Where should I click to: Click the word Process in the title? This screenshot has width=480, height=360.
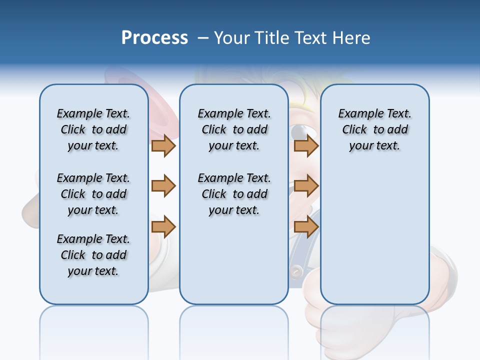154,38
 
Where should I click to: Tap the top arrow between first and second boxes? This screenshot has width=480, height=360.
163,145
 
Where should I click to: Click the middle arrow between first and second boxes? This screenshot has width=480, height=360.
163,186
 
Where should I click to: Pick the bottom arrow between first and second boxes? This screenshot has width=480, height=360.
163,227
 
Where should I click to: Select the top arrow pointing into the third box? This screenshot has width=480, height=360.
306,145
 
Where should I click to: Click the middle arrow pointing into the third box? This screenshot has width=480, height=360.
306,186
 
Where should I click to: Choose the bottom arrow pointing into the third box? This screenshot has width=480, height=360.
306,227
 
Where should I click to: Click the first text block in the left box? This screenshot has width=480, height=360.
93,129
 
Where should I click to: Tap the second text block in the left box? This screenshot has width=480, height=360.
93,194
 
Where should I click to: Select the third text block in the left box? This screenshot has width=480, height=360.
93,255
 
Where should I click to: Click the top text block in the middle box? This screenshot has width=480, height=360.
234,129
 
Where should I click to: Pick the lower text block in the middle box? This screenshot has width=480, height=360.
234,194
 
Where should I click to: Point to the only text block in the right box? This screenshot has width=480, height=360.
374,129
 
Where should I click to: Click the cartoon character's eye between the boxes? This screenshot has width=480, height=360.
300,132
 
